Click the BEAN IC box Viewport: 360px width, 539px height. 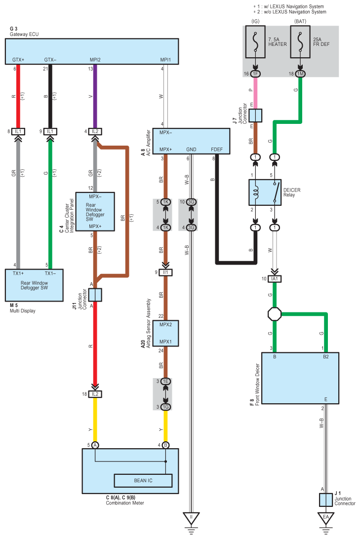(x=143, y=481)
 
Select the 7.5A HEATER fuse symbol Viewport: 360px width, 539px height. (x=255, y=42)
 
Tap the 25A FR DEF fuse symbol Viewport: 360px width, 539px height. (x=300, y=42)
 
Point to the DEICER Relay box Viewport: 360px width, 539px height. (x=265, y=192)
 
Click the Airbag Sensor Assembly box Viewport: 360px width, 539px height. (x=165, y=333)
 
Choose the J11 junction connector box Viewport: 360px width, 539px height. (x=95, y=295)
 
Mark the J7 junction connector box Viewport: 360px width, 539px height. (x=255, y=115)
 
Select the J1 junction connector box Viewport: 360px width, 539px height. (x=325, y=500)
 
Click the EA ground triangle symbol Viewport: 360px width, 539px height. (x=325, y=518)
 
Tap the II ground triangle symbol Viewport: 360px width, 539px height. (x=191, y=518)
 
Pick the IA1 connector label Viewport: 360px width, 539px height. (x=275, y=279)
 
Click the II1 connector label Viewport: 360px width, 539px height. (x=165, y=272)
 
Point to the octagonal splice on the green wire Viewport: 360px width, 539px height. (x=275, y=314)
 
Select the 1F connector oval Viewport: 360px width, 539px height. (x=255, y=74)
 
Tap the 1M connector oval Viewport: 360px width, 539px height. (x=300, y=74)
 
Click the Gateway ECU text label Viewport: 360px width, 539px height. (x=24, y=35)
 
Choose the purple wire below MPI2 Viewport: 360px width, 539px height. (x=95, y=96)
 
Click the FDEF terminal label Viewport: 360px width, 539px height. (x=217, y=150)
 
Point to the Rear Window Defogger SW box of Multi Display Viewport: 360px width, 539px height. (x=34, y=285)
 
